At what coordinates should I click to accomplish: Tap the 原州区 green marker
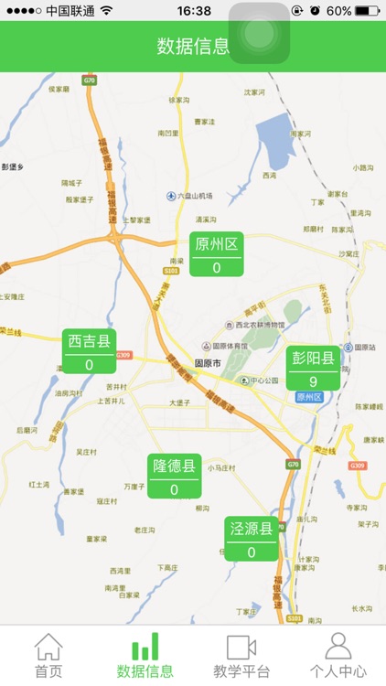click(217, 254)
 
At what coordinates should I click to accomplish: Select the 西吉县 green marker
click(89, 351)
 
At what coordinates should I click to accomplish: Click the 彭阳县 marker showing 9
click(313, 369)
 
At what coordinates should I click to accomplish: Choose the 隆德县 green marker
click(174, 477)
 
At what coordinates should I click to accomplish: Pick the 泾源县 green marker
click(252, 539)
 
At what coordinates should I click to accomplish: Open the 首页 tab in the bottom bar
click(48, 656)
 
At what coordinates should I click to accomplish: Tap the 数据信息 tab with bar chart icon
click(145, 656)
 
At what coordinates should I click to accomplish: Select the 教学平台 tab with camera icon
click(241, 656)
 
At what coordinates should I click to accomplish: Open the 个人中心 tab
click(338, 656)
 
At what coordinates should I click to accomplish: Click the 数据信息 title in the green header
click(193, 47)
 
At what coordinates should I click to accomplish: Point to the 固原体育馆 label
click(225, 346)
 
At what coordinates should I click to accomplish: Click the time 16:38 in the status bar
click(193, 10)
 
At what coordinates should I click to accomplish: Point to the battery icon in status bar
click(368, 10)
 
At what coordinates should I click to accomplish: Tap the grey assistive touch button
click(260, 33)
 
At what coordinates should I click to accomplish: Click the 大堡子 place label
click(179, 402)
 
